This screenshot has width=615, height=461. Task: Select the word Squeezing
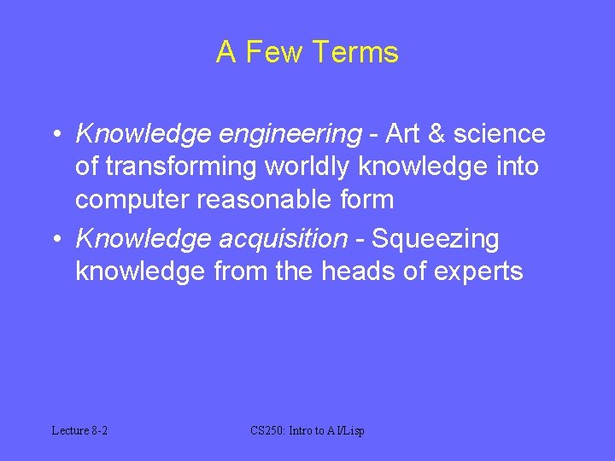click(x=436, y=240)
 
